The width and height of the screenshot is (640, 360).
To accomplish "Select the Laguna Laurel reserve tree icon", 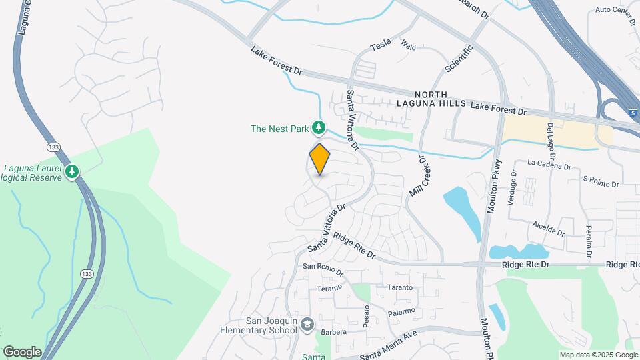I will [x=72, y=173].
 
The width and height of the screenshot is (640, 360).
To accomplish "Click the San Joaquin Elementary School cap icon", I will [x=307, y=325].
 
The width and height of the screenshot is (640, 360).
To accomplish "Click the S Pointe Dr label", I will [x=601, y=181].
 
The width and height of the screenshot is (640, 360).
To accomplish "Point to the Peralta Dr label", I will [x=588, y=241].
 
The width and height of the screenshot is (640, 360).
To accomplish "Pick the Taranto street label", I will [x=400, y=288].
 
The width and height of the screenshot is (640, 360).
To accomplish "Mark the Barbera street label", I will [x=333, y=331].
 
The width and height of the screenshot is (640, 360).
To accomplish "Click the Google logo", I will [x=21, y=351].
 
